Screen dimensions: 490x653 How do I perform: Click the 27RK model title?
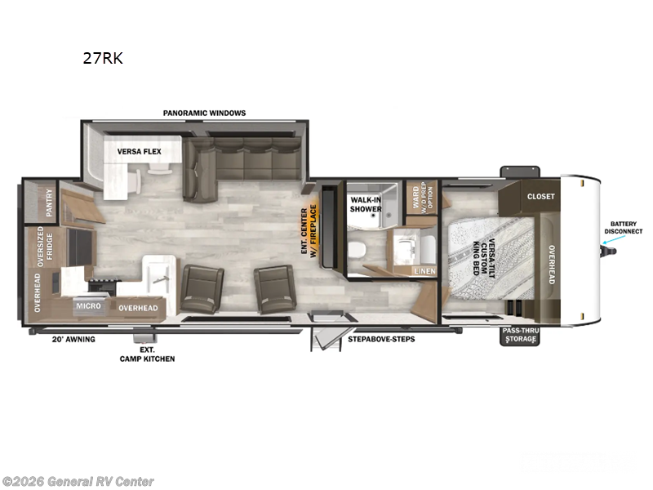tap(102, 59)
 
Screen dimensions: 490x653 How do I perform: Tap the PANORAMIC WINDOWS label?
tap(204, 113)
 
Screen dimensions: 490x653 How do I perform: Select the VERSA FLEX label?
tap(139, 151)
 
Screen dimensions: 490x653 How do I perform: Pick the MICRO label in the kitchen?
tap(88, 306)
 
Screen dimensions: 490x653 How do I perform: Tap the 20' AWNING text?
tap(74, 338)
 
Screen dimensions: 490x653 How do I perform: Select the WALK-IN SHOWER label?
tap(366, 204)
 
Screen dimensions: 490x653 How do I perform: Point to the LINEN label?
tap(424, 270)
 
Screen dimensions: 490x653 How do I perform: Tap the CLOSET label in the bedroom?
tap(540, 196)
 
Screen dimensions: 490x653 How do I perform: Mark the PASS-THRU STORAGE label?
tap(520, 335)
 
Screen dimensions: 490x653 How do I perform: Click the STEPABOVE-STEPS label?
tap(381, 338)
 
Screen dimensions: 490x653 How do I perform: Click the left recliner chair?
tap(202, 287)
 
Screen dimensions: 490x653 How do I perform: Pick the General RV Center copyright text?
tap(78, 481)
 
